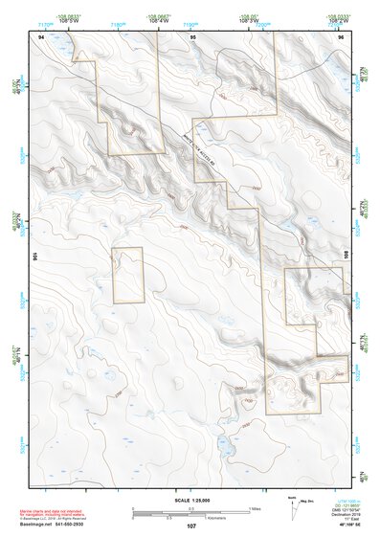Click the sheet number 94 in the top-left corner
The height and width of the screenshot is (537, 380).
(41, 35)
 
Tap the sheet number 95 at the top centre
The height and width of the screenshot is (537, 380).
(193, 35)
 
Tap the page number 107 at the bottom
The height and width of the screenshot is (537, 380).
(191, 526)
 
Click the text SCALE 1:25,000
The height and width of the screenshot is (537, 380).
(191, 500)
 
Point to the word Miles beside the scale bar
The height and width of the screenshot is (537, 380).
(255, 508)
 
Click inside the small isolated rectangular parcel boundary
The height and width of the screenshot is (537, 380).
(127, 275)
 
